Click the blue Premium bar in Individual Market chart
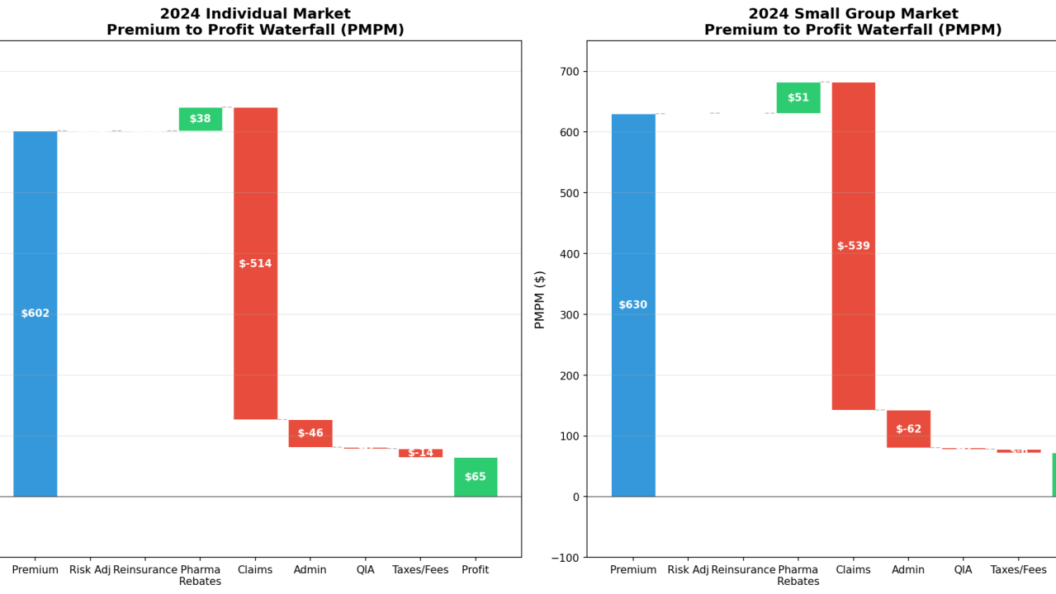pyautogui.click(x=36, y=313)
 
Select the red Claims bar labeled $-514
pyautogui.click(x=255, y=263)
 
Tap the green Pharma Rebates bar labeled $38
pyautogui.click(x=201, y=119)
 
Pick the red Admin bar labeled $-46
pyautogui.click(x=310, y=433)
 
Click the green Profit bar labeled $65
pyautogui.click(x=476, y=477)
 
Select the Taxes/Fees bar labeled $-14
pyautogui.click(x=420, y=453)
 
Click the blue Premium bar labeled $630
pyautogui.click(x=633, y=305)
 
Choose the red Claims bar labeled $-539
pyautogui.click(x=853, y=246)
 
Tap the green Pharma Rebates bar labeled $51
pyautogui.click(x=798, y=97)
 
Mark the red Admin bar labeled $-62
pyautogui.click(x=908, y=429)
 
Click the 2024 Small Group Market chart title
pyautogui.click(x=853, y=22)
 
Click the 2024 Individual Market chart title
pyautogui.click(x=255, y=22)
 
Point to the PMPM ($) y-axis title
pyautogui.click(x=540, y=299)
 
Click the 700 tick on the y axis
pyautogui.click(x=571, y=72)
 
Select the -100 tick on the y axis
pyautogui.click(x=566, y=558)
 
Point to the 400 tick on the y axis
pyautogui.click(x=571, y=254)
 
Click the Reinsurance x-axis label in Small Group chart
pyautogui.click(x=743, y=570)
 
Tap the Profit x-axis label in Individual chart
pyautogui.click(x=476, y=570)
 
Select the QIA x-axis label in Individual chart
pyautogui.click(x=365, y=570)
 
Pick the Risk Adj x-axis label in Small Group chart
pyautogui.click(x=688, y=570)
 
